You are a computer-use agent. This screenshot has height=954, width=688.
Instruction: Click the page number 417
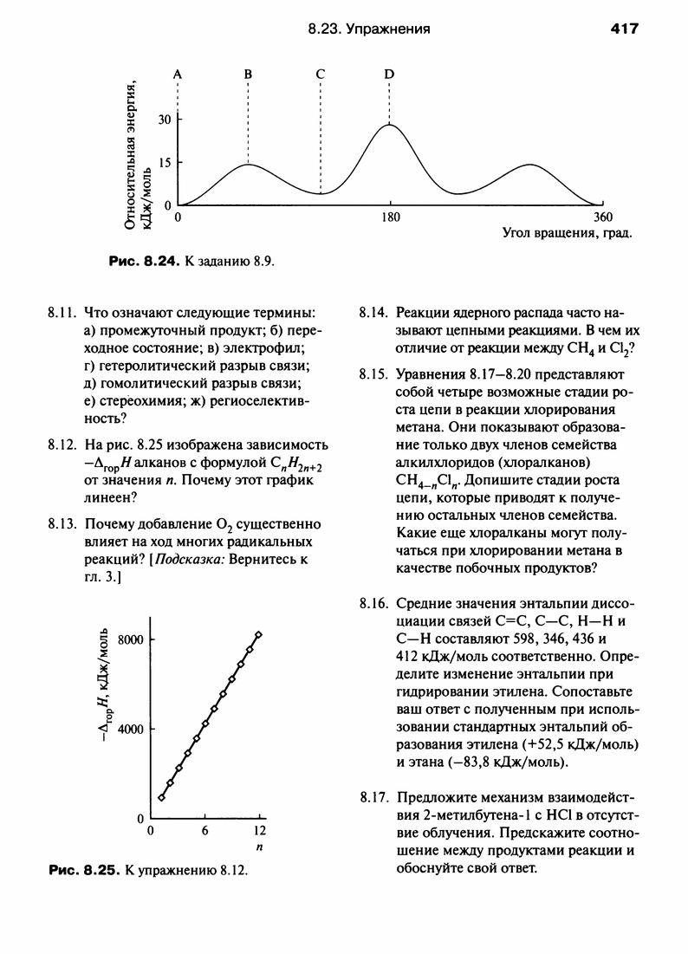[624, 29]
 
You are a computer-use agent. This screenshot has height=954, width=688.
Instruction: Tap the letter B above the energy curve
[248, 75]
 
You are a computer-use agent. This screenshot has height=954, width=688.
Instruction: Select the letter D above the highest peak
[389, 75]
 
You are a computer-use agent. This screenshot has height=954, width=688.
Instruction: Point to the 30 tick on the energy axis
[164, 120]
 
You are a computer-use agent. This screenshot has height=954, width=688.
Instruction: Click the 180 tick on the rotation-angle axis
[391, 217]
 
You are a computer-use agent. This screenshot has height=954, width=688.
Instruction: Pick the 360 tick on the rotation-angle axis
[601, 217]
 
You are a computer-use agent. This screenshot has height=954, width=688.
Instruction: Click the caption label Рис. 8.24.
[142, 260]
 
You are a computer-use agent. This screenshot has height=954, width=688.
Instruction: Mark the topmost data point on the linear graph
[258, 635]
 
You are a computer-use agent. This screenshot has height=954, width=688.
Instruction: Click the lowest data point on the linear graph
[161, 797]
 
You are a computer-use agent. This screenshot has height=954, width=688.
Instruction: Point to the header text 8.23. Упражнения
[369, 29]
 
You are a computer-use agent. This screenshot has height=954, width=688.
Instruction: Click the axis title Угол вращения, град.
[566, 234]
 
